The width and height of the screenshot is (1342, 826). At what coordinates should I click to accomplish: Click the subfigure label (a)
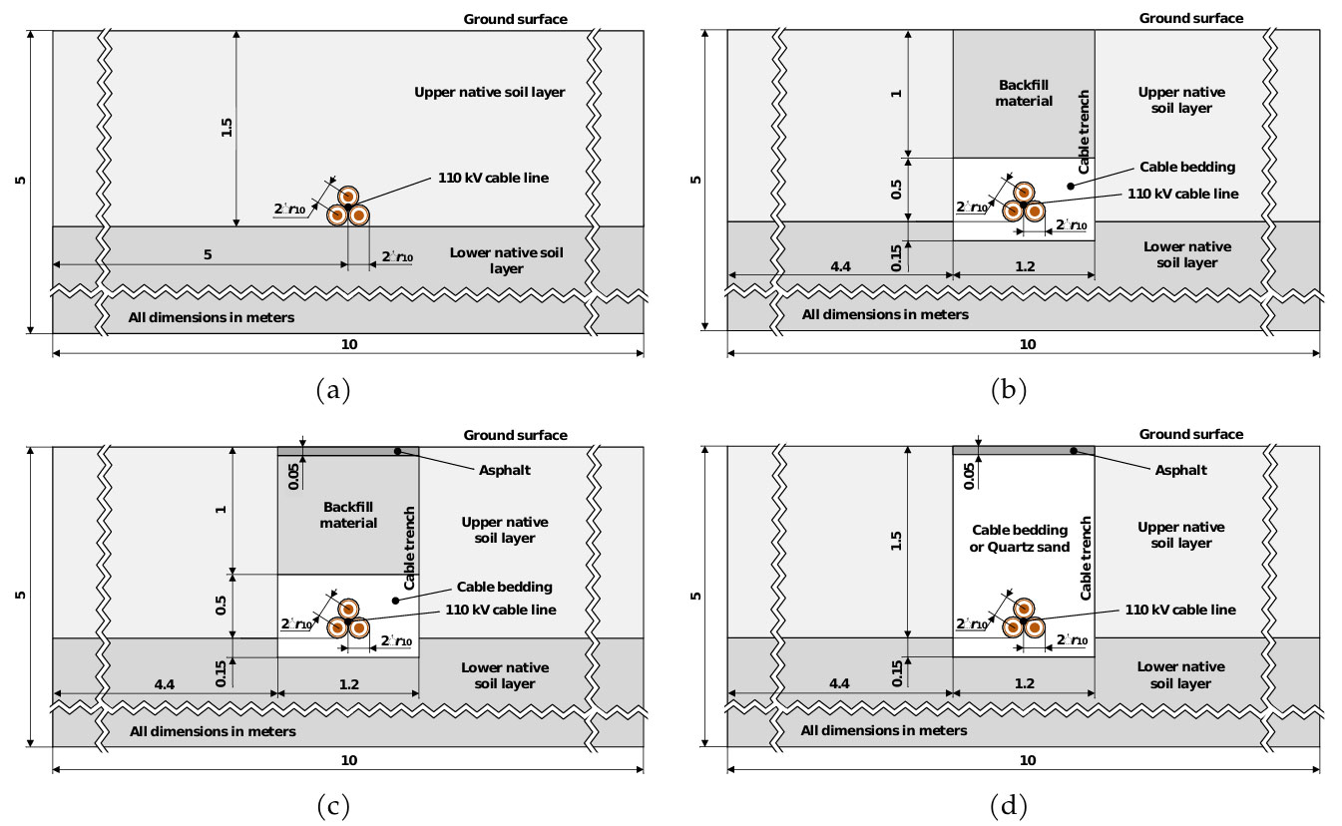pyautogui.click(x=333, y=390)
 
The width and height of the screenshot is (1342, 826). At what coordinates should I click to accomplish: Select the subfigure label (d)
pyautogui.click(x=1009, y=806)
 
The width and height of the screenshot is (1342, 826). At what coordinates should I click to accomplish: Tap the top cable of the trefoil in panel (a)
pyautogui.click(x=348, y=196)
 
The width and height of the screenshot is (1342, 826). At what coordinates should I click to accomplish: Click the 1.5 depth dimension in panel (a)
pyautogui.click(x=225, y=127)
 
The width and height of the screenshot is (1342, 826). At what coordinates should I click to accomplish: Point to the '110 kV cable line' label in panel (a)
pyautogui.click(x=493, y=178)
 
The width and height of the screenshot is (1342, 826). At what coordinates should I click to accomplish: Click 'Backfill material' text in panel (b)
pyautogui.click(x=1024, y=93)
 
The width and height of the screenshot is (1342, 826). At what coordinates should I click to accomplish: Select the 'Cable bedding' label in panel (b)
pyautogui.click(x=1187, y=167)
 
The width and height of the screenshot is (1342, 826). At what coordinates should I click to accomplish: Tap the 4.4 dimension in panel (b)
pyautogui.click(x=840, y=266)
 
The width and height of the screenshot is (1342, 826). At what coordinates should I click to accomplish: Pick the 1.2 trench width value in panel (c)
pyautogui.click(x=348, y=684)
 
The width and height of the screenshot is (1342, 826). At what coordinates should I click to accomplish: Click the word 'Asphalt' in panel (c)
pyautogui.click(x=505, y=470)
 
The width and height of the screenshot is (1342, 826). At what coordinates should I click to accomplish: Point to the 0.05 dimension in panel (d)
pyautogui.click(x=970, y=476)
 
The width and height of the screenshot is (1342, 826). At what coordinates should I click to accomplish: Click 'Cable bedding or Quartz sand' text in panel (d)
pyautogui.click(x=1020, y=539)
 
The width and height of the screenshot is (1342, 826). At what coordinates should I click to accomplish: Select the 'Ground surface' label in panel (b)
pyautogui.click(x=1191, y=18)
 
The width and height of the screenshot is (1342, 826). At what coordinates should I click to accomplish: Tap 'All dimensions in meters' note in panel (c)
pyautogui.click(x=213, y=731)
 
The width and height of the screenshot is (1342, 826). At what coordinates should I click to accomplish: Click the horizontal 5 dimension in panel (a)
pyautogui.click(x=208, y=254)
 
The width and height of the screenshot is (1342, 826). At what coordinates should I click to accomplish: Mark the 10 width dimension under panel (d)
pyautogui.click(x=1028, y=760)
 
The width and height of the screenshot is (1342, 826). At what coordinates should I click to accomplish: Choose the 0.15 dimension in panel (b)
pyautogui.click(x=896, y=257)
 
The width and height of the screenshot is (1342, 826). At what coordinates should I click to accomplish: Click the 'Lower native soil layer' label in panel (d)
pyautogui.click(x=1180, y=675)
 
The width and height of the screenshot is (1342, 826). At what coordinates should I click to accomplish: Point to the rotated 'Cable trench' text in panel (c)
pyautogui.click(x=409, y=548)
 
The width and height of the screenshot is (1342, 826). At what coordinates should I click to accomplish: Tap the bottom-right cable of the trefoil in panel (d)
pyautogui.click(x=1035, y=628)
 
